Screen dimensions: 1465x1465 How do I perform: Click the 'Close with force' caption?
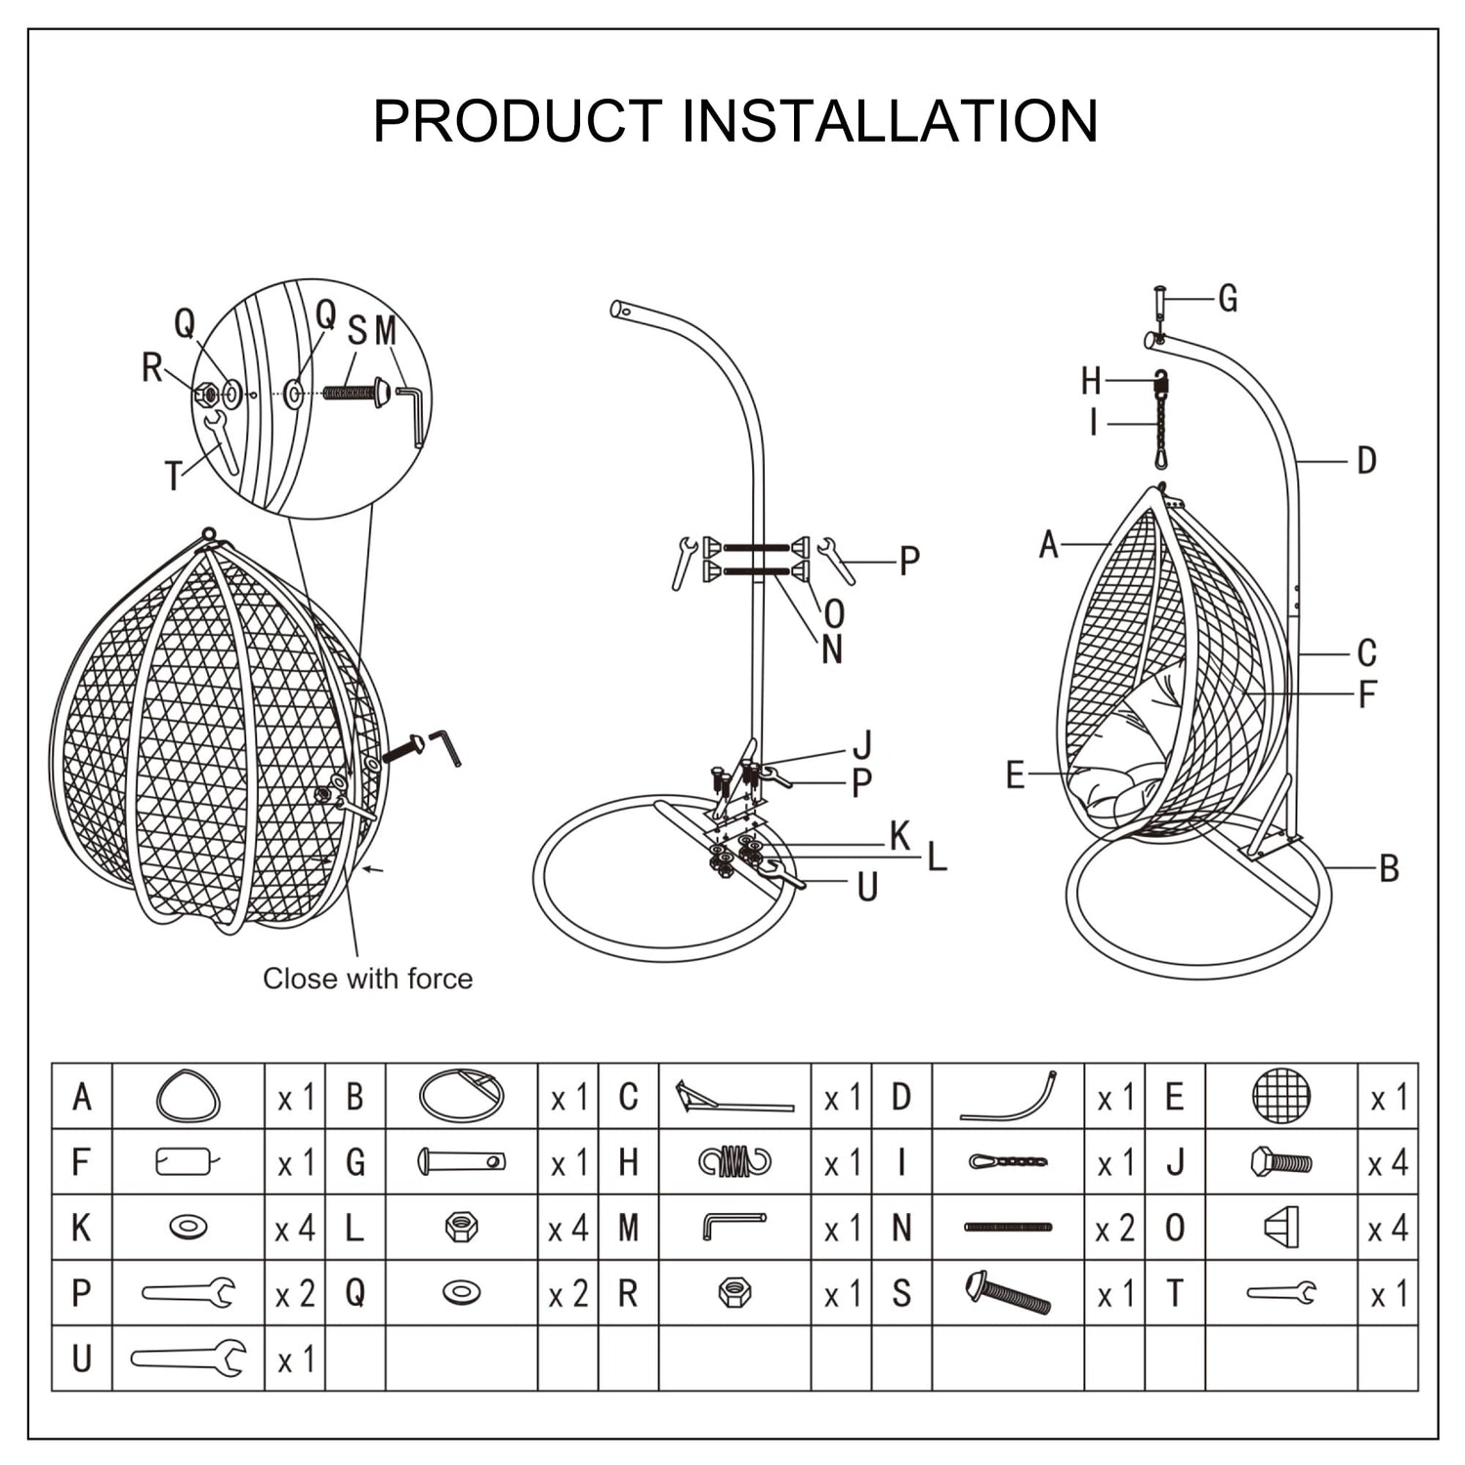tap(367, 979)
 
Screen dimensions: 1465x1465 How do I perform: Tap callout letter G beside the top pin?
tap(1228, 299)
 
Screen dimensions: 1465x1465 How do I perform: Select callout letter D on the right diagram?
tap(1366, 461)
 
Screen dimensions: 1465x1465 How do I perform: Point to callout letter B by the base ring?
tap(1389, 868)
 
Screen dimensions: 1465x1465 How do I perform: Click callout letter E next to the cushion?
tap(1016, 775)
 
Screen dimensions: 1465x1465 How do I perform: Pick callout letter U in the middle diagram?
tap(867, 887)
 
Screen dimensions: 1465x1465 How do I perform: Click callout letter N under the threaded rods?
tap(832, 649)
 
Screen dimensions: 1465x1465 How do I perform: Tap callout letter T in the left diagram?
tap(174, 477)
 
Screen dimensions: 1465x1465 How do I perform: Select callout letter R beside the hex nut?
tap(151, 368)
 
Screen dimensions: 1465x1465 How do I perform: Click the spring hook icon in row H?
tap(734, 1162)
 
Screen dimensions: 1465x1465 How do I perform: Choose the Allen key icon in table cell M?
tap(734, 1226)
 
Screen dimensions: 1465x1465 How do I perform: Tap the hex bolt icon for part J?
tap(1281, 1162)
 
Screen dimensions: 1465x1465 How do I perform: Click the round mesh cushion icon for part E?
tap(1281, 1096)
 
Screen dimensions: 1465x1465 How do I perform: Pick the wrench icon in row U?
tap(188, 1358)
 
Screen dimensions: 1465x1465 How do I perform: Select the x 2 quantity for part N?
tap(1114, 1229)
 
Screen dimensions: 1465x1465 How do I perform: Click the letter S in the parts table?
tap(901, 1294)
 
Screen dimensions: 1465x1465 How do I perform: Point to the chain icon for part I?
tap(1008, 1162)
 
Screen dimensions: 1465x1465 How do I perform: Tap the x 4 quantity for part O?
tap(1388, 1229)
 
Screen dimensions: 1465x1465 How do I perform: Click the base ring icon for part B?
tap(461, 1096)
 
